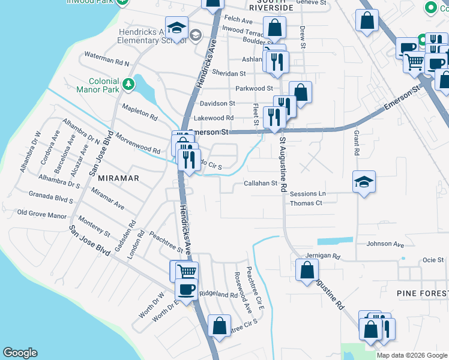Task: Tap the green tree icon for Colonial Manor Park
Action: click(x=128, y=86)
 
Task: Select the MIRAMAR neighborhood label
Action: click(x=118, y=178)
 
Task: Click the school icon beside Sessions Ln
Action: click(x=363, y=182)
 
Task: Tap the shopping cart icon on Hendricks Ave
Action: click(x=187, y=271)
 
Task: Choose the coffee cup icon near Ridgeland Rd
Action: click(x=187, y=289)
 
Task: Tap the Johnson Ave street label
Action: click(x=385, y=244)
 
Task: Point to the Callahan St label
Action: click(x=260, y=184)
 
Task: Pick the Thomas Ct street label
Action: click(x=306, y=203)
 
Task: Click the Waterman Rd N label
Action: click(x=107, y=62)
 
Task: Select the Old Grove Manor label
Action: click(x=41, y=213)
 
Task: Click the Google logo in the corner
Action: click(x=20, y=353)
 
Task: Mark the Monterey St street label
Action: click(x=94, y=227)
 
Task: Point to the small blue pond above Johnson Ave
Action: click(x=335, y=241)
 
